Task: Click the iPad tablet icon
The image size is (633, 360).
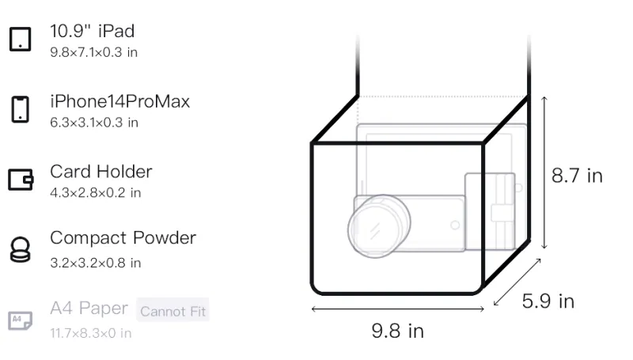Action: [21, 39]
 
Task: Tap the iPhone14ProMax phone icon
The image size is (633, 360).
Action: [21, 109]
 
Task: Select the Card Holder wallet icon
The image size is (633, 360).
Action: [21, 179]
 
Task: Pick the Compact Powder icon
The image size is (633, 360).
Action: [21, 249]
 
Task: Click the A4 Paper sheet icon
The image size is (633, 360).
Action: [21, 320]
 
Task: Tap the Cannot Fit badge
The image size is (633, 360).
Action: [172, 311]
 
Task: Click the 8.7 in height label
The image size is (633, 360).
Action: [577, 176]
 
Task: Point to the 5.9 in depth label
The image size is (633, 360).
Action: [548, 301]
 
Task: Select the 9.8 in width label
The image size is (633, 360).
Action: [398, 331]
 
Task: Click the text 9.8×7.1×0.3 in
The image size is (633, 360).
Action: [93, 52]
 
